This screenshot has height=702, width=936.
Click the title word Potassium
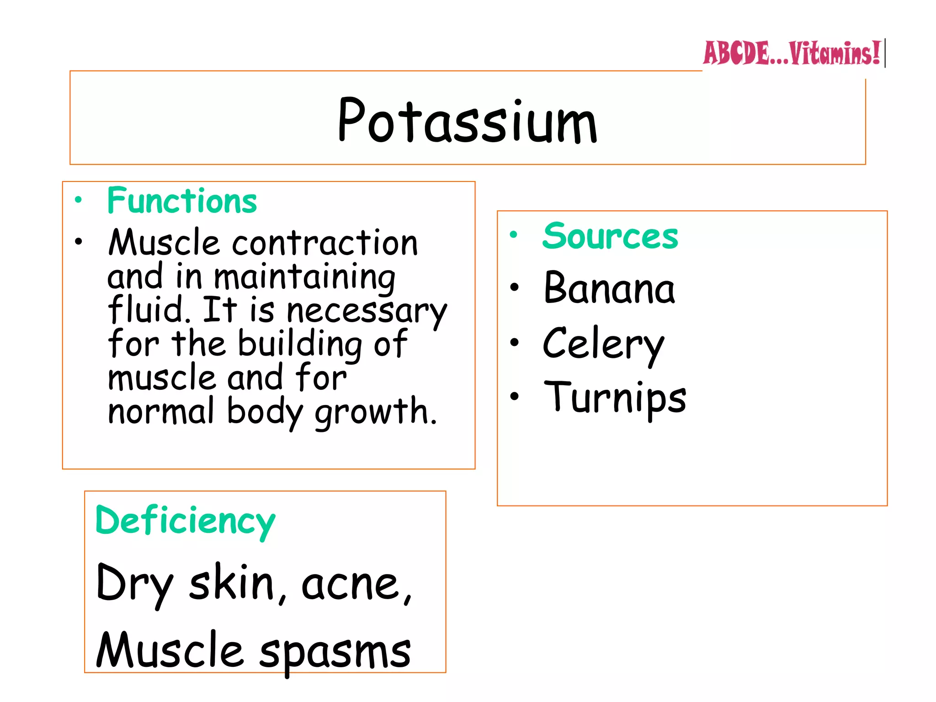467,121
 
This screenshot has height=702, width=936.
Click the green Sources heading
610,236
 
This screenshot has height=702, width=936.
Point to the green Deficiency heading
185,521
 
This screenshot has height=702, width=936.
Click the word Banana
609,288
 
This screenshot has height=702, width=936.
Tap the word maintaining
304,277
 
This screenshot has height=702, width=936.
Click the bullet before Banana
515,287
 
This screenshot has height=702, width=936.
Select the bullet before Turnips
515,396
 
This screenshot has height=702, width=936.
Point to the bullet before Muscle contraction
79,242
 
